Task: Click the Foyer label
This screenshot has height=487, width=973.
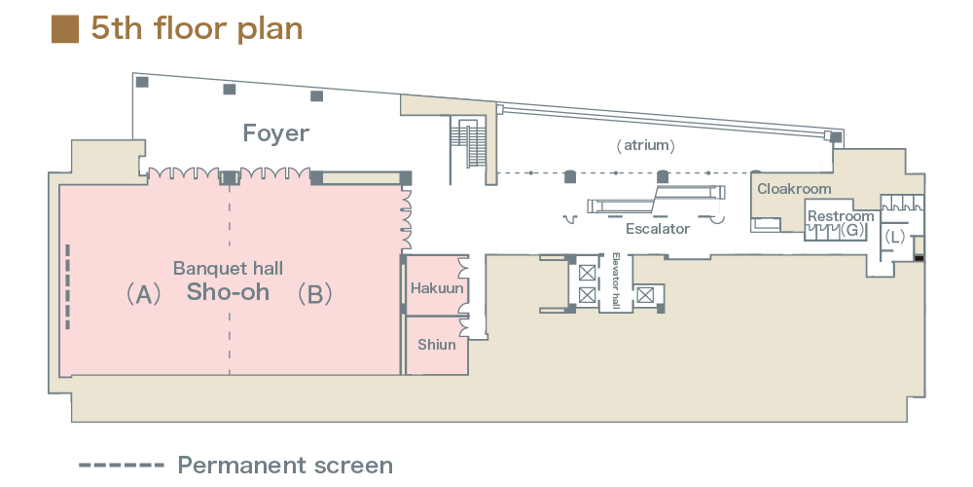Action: tap(275, 133)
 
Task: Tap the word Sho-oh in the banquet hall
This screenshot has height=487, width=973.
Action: tap(229, 292)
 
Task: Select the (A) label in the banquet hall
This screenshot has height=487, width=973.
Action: tap(143, 294)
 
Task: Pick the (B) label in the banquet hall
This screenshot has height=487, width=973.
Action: tap(314, 294)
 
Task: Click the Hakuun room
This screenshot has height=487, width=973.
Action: tap(437, 288)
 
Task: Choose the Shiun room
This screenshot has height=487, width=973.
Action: tap(437, 344)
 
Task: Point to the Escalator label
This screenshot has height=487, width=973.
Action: tap(658, 229)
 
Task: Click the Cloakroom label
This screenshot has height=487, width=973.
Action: tap(795, 188)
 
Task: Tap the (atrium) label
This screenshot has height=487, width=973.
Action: tap(645, 145)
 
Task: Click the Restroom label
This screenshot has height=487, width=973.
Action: tap(841, 216)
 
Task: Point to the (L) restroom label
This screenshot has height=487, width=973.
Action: tap(894, 237)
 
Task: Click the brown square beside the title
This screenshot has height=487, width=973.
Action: tap(64, 29)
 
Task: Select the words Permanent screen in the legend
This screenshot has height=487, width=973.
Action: tap(285, 465)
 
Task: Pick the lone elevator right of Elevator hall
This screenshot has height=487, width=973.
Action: tap(645, 293)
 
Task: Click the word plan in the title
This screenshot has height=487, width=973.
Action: tap(269, 29)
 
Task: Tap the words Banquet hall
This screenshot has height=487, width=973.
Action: tap(228, 267)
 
